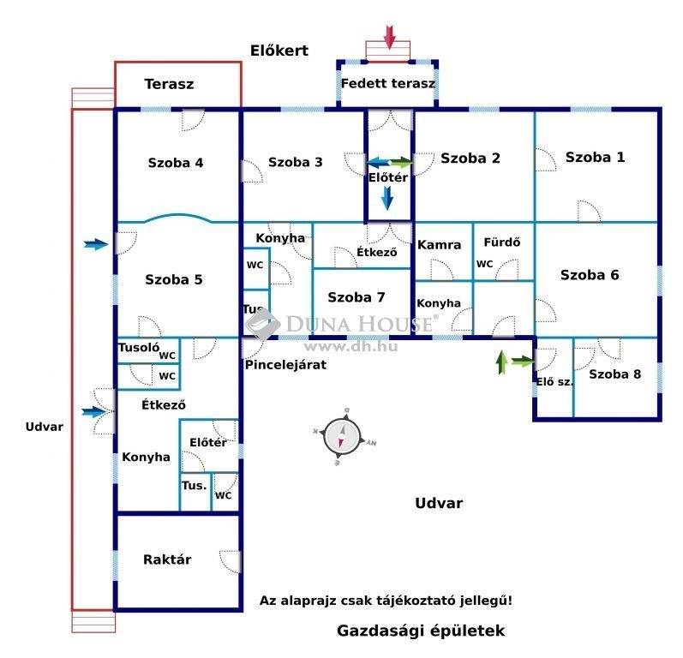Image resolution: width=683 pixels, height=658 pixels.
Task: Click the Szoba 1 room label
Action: point(595,157)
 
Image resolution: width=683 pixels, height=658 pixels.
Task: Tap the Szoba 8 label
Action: point(614,374)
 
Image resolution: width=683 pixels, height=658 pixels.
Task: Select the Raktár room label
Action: point(167,559)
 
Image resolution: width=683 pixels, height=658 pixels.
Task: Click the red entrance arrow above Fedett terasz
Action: point(389,37)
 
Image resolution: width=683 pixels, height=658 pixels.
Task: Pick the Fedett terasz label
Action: point(387,83)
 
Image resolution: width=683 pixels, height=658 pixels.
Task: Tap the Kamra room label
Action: point(439,245)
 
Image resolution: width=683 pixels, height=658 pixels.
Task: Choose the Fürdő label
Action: point(502,242)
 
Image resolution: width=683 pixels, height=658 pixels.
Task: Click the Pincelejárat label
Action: point(285,364)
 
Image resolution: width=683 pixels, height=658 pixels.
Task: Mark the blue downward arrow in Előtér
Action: point(387,198)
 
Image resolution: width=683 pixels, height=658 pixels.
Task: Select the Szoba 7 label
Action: point(356,297)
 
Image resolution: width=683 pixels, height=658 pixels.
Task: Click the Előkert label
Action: point(279,51)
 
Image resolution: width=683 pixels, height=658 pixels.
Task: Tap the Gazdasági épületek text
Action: point(421,631)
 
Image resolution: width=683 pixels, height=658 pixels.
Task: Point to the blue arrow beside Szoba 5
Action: point(96,245)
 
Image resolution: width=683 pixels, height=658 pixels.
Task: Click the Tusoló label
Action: point(139,348)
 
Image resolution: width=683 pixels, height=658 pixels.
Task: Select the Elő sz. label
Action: point(554,382)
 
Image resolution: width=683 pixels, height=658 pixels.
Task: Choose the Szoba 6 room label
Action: point(590,275)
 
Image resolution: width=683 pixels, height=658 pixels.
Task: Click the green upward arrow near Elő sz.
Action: point(502,362)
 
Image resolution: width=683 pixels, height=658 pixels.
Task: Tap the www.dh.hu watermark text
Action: point(350,347)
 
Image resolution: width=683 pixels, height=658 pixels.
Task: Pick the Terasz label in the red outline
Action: point(169,84)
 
